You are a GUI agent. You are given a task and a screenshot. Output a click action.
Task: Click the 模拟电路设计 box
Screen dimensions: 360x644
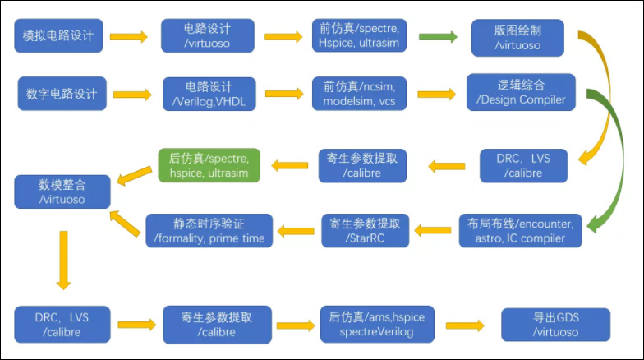(59, 37)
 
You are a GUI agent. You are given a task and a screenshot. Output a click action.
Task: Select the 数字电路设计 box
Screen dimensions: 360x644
(59, 94)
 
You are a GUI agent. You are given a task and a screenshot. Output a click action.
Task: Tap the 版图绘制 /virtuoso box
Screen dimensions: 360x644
(517, 38)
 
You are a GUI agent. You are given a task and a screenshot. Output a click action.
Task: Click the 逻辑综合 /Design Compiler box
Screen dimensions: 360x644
(522, 93)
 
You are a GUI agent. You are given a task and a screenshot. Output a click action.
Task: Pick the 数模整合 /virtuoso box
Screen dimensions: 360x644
(62, 192)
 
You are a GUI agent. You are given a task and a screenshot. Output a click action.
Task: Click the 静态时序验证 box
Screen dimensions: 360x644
(209, 230)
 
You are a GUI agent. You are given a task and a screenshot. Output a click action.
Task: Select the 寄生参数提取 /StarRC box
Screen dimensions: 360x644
(365, 230)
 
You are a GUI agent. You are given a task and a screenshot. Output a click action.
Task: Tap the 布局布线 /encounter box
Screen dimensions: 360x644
(521, 230)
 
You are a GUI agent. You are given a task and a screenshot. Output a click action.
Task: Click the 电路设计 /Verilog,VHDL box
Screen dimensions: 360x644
(209, 94)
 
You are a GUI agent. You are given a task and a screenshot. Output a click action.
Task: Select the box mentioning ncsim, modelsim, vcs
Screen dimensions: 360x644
(365, 94)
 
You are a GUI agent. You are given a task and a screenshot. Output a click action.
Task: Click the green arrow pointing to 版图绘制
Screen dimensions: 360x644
(439, 37)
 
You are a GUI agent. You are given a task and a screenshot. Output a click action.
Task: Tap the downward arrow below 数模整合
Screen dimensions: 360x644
(62, 259)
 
